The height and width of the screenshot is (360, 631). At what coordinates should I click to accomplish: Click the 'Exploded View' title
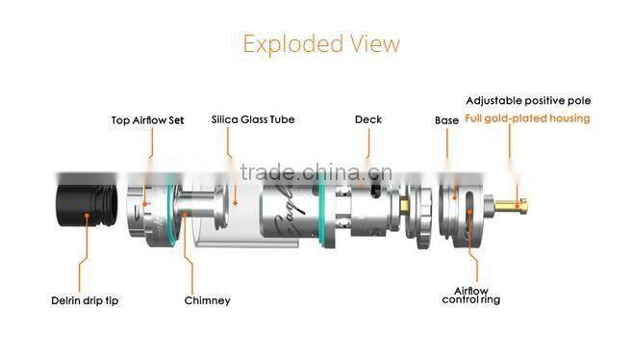click(320, 44)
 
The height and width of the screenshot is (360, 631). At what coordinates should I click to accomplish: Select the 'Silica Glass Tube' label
click(253, 120)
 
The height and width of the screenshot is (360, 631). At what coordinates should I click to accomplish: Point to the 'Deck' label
click(367, 119)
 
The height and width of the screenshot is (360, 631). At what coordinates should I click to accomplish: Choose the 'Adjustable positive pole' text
click(528, 100)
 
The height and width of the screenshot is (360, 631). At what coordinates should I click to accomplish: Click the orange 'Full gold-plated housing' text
click(527, 119)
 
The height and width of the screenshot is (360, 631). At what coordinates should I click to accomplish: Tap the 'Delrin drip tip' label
click(86, 300)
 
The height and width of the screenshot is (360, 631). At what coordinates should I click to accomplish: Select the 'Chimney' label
click(207, 300)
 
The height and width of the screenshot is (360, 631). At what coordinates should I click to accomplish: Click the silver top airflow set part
click(149, 207)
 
